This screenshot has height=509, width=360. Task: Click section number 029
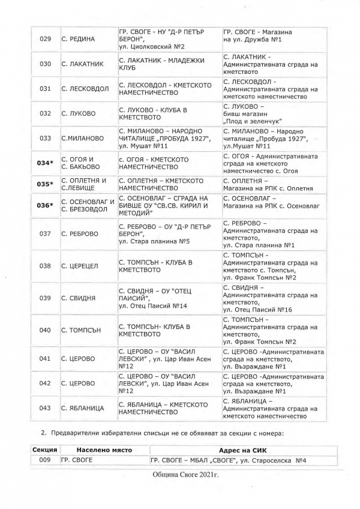click(45, 39)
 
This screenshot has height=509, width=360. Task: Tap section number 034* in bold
click(45, 163)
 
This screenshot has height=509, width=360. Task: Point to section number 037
click(45, 233)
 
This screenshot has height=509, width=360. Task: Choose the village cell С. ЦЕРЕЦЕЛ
click(82, 266)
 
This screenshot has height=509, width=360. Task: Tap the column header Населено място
click(103, 450)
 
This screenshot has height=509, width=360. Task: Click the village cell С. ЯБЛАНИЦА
click(83, 408)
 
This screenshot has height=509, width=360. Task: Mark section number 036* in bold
click(45, 205)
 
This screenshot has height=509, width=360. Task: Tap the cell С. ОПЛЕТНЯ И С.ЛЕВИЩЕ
click(83, 184)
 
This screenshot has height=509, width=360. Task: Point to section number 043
click(45, 408)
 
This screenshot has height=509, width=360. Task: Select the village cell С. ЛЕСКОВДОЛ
click(85, 89)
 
